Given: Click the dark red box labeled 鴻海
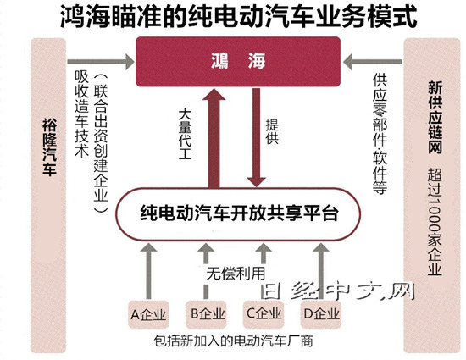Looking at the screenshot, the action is (238, 62).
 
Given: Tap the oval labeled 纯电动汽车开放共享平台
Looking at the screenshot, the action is (238, 213).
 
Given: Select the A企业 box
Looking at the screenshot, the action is (148, 314).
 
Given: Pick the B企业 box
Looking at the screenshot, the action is (206, 314).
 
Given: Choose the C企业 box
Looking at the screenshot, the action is (264, 314).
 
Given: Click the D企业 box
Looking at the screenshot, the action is (321, 314).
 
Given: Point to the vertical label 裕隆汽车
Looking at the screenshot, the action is (49, 147).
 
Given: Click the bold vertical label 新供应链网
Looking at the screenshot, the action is (435, 118).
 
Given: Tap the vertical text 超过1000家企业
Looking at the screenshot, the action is (435, 222).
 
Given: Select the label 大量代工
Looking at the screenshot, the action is (185, 134).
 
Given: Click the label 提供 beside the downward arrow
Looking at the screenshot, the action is (272, 131).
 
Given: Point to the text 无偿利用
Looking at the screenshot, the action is (236, 274).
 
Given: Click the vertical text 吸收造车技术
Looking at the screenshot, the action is (81, 114).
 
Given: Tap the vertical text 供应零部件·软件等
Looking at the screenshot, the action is (380, 134).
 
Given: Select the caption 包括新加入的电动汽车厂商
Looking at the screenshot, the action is (234, 341).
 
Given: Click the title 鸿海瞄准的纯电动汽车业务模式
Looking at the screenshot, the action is (239, 17).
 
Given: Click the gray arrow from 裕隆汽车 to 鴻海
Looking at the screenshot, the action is (101, 62).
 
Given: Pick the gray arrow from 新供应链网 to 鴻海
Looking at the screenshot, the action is (373, 62).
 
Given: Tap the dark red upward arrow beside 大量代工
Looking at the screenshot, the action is (214, 138).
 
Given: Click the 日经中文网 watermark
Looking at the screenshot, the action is (337, 291).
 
